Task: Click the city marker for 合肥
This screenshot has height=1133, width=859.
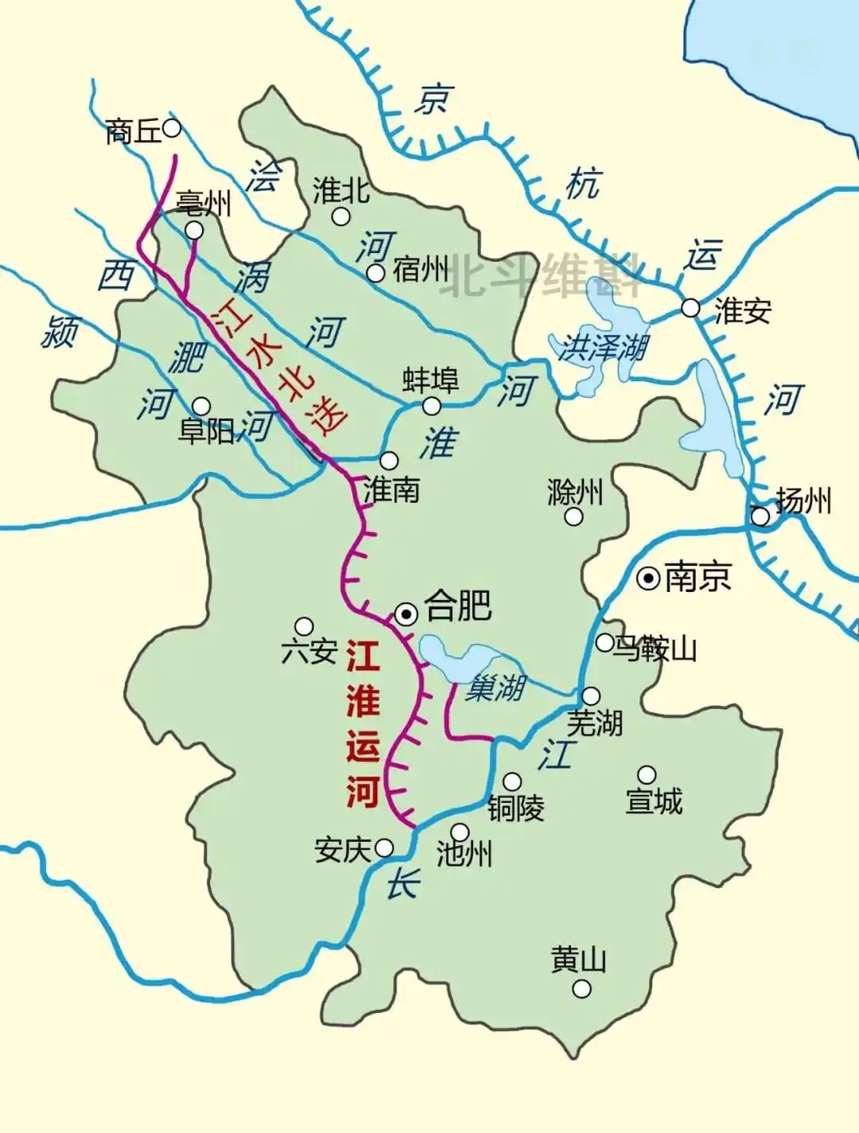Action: pos(406,613)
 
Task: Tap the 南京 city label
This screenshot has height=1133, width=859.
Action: pos(697,577)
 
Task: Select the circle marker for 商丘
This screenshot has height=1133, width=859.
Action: pos(172,127)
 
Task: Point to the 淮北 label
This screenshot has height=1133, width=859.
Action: pos(341,190)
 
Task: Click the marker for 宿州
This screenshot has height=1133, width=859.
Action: pos(375,273)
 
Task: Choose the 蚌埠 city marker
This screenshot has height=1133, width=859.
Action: pos(431,406)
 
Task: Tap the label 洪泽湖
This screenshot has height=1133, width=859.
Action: pos(602,348)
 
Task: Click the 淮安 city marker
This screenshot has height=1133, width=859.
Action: pos(690,308)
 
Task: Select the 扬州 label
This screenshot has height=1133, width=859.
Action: pos(803,500)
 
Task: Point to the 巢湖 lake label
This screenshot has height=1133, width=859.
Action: pos(494,687)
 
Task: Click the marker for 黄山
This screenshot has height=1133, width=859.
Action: pos(582,989)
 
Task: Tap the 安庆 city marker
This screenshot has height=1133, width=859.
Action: pos(384,847)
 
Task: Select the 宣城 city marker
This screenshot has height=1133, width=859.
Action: pos(647,774)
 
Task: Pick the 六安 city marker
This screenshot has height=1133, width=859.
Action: pos(304,626)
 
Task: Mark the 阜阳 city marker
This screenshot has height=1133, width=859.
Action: pos(202,407)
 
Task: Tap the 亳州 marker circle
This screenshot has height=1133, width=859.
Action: pos(194,231)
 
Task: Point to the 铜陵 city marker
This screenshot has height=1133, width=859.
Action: pos(513,781)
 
